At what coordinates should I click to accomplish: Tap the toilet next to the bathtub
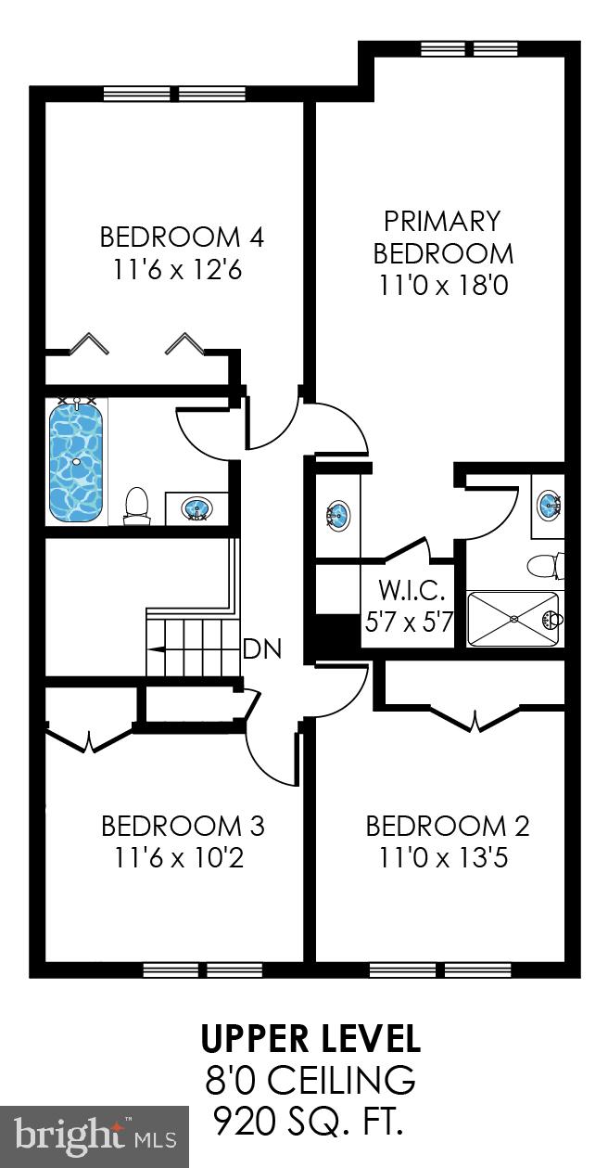pos(136,506)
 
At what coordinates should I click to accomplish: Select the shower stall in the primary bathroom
pos(513,619)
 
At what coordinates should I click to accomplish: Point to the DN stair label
pos(261,649)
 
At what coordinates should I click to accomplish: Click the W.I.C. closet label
pos(406,590)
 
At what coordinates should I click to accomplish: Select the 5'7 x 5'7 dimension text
pos(408,621)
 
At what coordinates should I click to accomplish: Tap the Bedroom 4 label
pos(182,237)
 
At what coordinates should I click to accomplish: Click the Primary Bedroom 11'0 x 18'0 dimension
pos(443,285)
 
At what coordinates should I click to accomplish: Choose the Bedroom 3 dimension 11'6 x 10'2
pos(182,858)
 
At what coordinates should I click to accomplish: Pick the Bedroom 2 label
pos(447,826)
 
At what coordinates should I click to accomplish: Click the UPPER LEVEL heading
pos(310,1039)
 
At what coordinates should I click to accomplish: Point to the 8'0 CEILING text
pos(310,1081)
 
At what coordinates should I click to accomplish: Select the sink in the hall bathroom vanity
pos(196,508)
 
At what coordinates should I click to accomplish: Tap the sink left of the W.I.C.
pos(338,515)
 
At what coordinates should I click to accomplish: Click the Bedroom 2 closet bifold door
pos(475,719)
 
